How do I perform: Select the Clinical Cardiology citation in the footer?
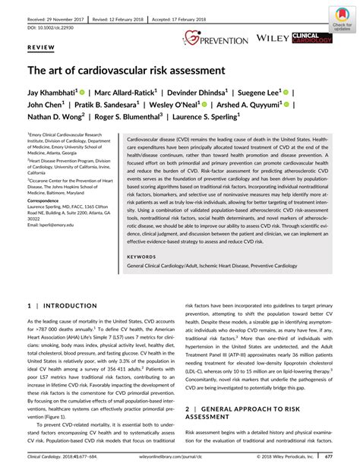(x=72, y=458)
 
